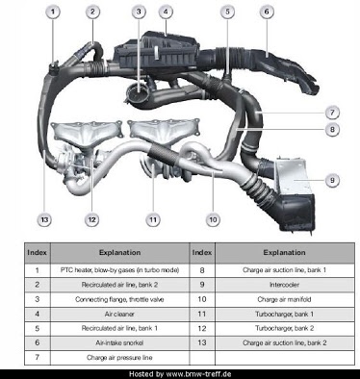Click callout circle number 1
[53, 13]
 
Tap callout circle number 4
[166, 13]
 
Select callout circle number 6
[267, 13]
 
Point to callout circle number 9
[332, 180]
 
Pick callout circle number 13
[44, 220]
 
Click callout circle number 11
[153, 220]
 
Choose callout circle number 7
[332, 113]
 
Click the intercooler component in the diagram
[294, 195]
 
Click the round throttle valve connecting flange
[137, 93]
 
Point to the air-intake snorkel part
[282, 69]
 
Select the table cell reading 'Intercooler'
[285, 285]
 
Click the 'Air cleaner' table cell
[119, 314]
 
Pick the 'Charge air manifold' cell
[285, 299]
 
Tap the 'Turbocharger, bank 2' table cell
[285, 328]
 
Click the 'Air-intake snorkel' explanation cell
[119, 342]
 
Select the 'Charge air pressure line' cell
[119, 358]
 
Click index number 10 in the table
[202, 299]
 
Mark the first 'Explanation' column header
[119, 253]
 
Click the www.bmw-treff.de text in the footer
[198, 374]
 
